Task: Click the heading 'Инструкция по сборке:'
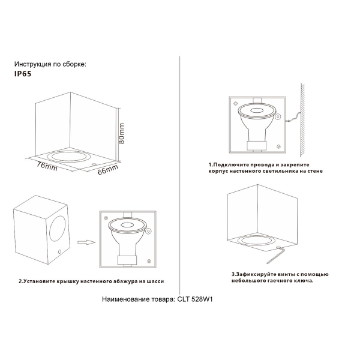pyautogui.click(x=50, y=64)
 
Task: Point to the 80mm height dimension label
pyautogui.click(x=122, y=131)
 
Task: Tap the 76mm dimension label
pyautogui.click(x=46, y=166)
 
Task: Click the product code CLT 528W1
pyautogui.click(x=194, y=298)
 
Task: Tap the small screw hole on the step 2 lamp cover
pyautogui.click(x=59, y=251)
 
